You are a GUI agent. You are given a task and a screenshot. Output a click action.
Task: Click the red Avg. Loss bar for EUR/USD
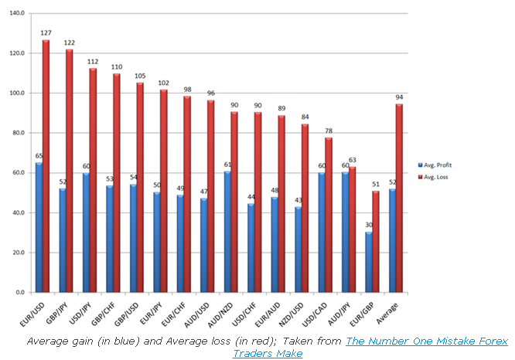coord(46,166)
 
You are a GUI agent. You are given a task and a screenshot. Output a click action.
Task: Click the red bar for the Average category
coord(399,198)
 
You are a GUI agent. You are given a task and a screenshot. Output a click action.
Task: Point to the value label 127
coord(46,33)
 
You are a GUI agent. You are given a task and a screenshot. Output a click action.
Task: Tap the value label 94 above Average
coord(399,97)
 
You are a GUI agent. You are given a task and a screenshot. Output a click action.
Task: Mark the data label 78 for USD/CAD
coord(329,131)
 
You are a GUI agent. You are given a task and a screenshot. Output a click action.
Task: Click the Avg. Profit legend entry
coord(437,165)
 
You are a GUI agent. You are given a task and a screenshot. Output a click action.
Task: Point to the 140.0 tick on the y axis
coord(15,13)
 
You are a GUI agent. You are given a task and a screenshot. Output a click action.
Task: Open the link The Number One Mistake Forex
coord(427,341)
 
